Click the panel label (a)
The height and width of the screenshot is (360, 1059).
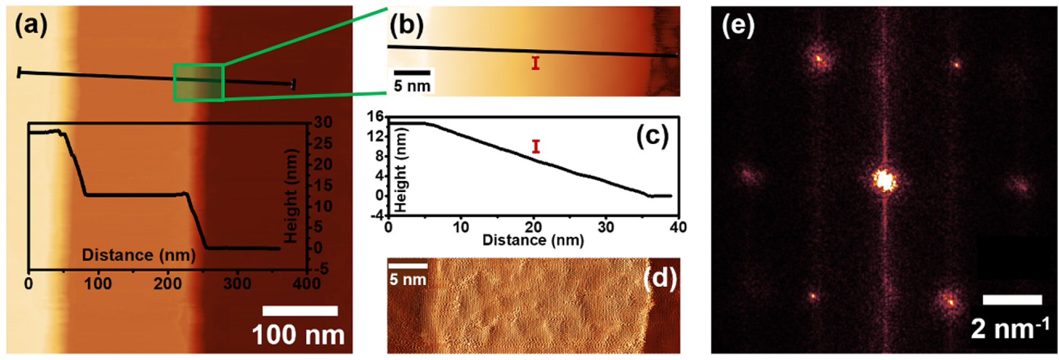(x=31, y=25)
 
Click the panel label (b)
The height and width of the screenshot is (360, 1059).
(x=406, y=25)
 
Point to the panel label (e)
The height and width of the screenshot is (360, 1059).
(x=738, y=25)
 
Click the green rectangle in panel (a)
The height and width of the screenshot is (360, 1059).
(x=198, y=82)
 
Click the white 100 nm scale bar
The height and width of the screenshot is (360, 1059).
(x=300, y=311)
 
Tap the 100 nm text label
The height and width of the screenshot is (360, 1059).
(x=298, y=335)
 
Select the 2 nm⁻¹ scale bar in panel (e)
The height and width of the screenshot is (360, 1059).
(x=1012, y=300)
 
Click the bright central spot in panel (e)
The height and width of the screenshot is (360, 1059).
(x=884, y=180)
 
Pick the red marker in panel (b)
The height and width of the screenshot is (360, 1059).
(x=535, y=63)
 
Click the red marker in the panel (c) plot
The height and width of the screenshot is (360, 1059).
(x=536, y=146)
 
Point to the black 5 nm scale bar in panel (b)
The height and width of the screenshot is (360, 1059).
(x=412, y=72)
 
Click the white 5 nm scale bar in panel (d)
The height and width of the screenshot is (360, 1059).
(x=408, y=265)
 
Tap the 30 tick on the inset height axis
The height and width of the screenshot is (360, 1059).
(x=323, y=123)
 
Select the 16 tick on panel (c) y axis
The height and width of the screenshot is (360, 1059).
(x=377, y=116)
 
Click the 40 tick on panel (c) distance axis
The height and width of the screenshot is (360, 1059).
(x=678, y=227)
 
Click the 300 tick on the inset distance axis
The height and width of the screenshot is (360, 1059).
(x=237, y=283)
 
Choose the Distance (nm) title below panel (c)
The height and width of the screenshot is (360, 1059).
(x=533, y=240)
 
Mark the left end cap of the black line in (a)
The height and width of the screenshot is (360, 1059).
(x=19, y=72)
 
